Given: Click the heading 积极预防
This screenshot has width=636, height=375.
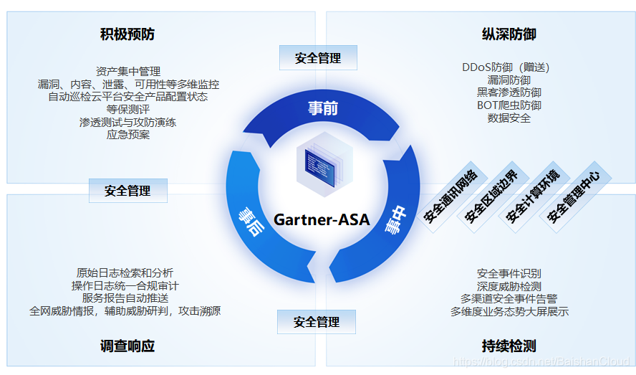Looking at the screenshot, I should pos(127,34).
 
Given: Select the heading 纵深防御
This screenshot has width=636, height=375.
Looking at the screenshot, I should pos(509,34).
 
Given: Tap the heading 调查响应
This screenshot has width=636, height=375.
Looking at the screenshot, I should pos(127,346).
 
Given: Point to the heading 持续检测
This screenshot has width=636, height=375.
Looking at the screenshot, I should pos(509,346).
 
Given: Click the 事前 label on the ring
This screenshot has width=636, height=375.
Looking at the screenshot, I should pos(323,108).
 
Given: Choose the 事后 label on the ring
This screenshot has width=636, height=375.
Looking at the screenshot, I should pos(250,221).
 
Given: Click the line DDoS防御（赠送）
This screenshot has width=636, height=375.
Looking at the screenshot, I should pos(506,68).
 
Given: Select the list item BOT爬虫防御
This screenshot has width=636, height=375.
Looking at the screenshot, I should pos(509,105).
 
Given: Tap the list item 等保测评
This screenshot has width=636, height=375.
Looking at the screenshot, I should pos(127,109).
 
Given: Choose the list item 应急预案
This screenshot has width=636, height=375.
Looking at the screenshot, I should pos(127,134).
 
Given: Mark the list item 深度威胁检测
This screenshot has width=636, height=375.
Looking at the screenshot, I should pos(509,286).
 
